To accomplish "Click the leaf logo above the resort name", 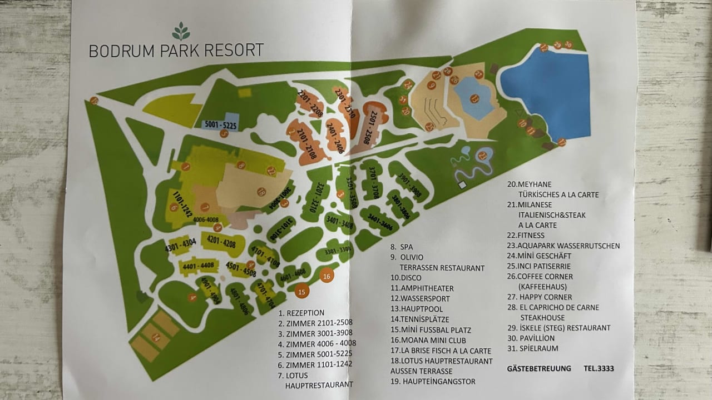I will point(181,31).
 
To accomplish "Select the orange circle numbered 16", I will point(327,276).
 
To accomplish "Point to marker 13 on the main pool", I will point(474,99).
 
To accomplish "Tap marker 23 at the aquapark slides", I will point(482,156).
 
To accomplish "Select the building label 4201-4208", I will point(221,242).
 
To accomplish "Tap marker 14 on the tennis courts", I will point(156,337).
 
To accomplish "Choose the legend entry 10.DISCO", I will point(406,278).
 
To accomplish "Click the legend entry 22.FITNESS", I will point(525,236).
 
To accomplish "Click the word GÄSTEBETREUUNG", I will point(539,368).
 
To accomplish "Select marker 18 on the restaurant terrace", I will point(261,191).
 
